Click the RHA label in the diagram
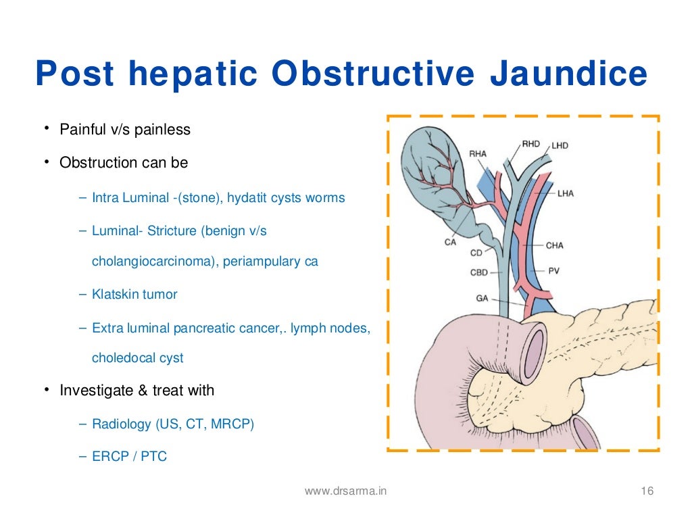click(x=478, y=154)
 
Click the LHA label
click(x=566, y=194)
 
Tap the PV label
click(x=554, y=271)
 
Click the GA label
click(x=482, y=297)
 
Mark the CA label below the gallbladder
click(x=451, y=242)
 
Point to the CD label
click(x=476, y=253)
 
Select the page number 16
click(x=647, y=491)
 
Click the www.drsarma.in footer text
click(x=345, y=491)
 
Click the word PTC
click(x=155, y=456)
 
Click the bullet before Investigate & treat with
click(x=47, y=390)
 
